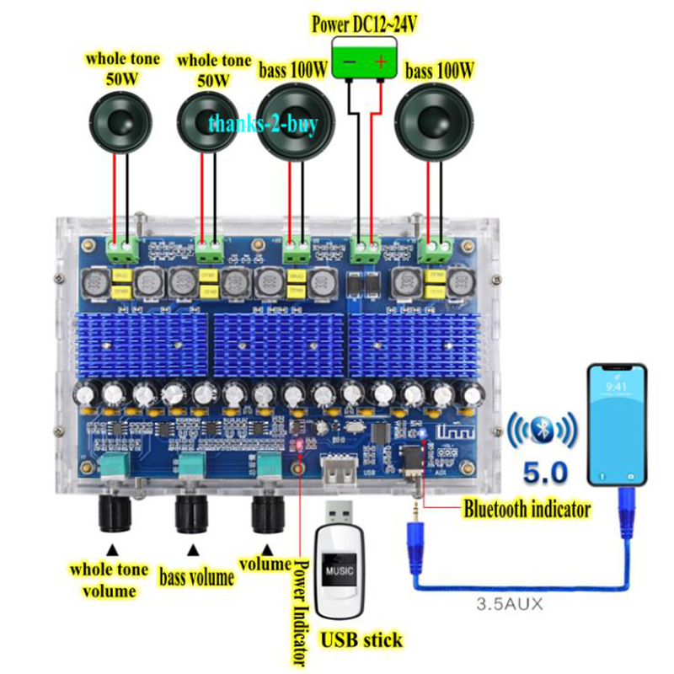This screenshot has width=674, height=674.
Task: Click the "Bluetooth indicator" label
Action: coord(527,508)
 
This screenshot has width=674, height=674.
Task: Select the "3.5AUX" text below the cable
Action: coord(511,603)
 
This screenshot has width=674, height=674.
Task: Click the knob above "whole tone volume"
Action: coord(115,511)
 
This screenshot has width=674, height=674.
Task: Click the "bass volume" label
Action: coord(196,577)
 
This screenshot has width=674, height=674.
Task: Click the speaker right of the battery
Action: coord(436,123)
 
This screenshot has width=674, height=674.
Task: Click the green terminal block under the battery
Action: coord(365,249)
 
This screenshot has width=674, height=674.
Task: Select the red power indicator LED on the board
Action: coord(297,443)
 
